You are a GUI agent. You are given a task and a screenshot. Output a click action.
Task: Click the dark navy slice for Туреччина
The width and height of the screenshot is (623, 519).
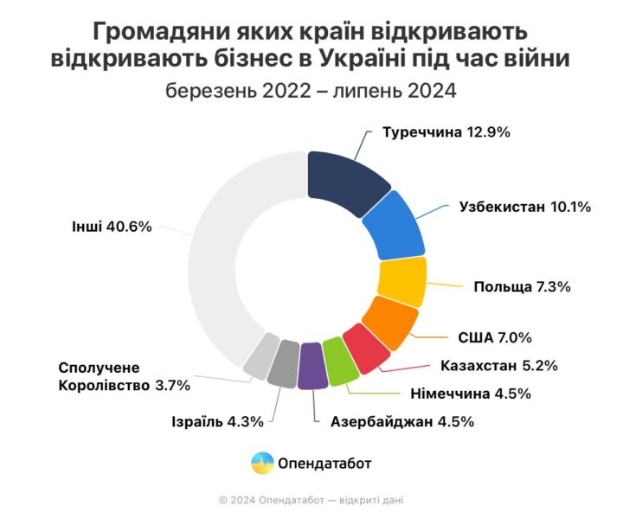[x=344, y=176]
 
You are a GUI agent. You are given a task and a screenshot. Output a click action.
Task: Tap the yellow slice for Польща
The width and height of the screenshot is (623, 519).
[x=403, y=282]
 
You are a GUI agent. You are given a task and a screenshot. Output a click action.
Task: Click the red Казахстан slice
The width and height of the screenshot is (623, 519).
[x=363, y=348]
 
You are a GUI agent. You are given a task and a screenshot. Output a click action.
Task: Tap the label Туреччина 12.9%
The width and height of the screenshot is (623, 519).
[x=446, y=133]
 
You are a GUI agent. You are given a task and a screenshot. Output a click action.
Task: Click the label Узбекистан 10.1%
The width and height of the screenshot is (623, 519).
[x=523, y=207]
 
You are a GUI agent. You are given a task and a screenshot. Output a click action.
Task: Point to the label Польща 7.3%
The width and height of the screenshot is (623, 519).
[x=522, y=286]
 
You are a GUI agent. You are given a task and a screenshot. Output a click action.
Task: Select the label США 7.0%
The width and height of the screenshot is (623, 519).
[x=494, y=337]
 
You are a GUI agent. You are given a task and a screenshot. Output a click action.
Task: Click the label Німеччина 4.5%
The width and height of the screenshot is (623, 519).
[x=474, y=394]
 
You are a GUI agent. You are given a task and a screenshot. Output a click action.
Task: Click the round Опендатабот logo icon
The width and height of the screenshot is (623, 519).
[x=261, y=463]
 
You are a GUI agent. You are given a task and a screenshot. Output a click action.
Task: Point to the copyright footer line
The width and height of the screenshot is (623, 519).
[x=311, y=499]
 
